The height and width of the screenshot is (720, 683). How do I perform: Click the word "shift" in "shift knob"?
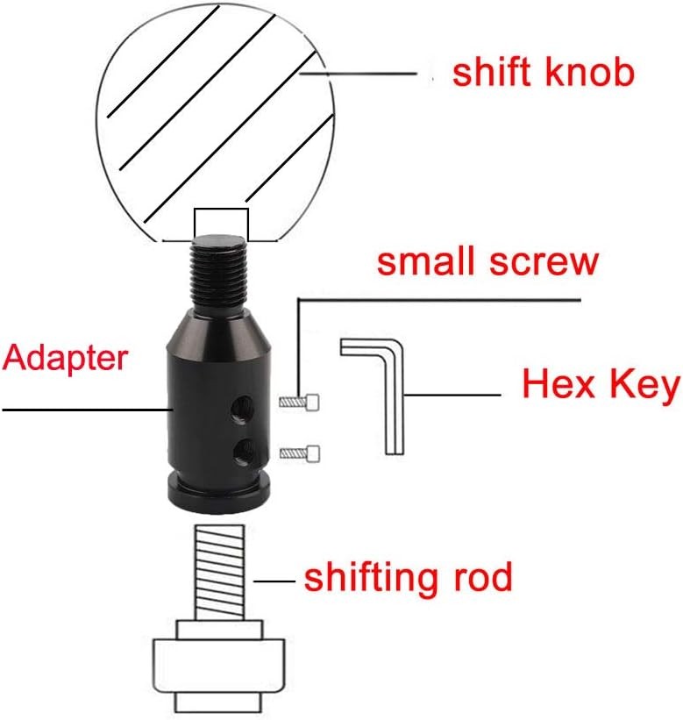490,72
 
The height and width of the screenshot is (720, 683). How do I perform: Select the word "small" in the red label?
425,260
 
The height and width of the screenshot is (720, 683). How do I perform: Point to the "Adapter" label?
65,358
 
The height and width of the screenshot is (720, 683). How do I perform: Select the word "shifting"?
369,580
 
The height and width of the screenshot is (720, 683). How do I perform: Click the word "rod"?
483,576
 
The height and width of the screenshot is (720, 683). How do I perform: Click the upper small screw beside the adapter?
299,403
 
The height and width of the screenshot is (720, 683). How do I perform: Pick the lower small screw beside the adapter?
300,453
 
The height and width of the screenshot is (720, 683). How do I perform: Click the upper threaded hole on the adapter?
242,407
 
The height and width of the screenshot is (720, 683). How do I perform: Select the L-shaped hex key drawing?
373,396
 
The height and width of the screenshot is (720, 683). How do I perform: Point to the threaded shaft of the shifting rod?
219,572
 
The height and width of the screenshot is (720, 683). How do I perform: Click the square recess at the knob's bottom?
221,225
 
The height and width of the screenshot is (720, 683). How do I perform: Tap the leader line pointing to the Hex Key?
452,395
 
